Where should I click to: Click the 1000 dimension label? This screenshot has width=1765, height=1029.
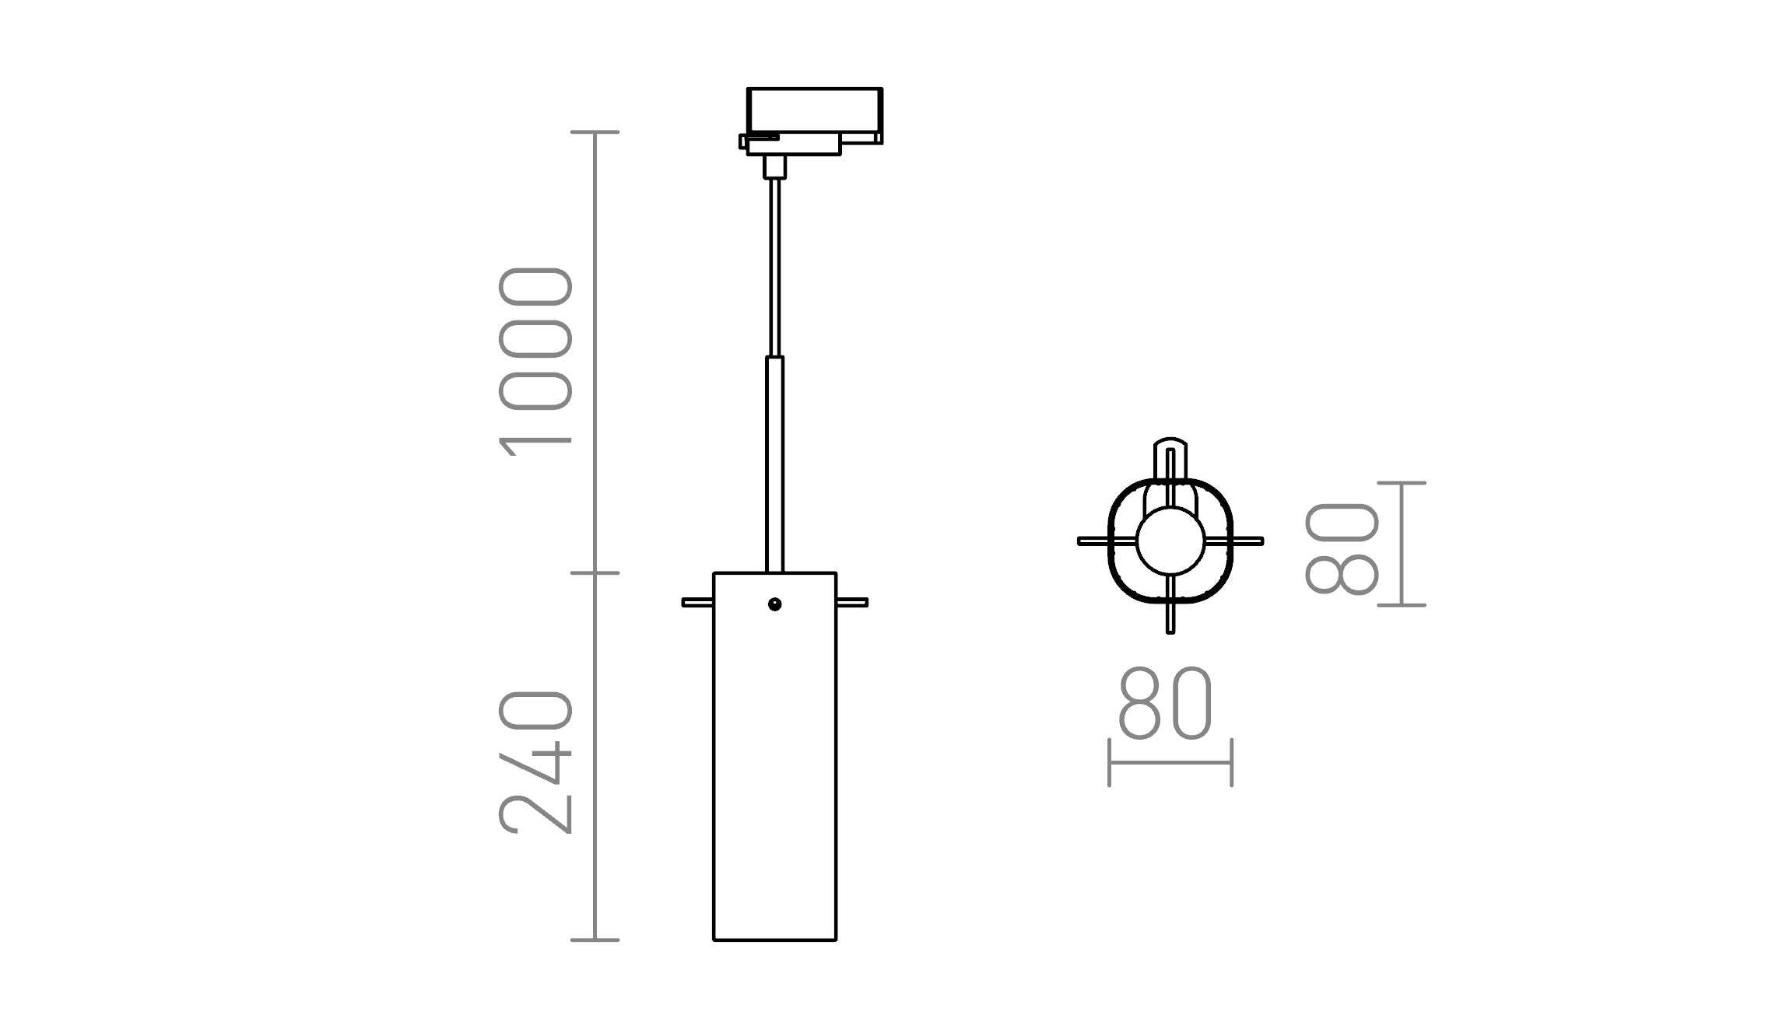(535, 362)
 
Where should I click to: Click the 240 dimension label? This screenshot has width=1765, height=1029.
(535, 762)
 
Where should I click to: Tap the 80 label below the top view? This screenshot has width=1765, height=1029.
(1165, 703)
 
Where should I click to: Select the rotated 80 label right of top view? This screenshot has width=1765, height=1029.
(1342, 548)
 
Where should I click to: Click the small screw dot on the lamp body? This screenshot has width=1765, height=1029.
(774, 604)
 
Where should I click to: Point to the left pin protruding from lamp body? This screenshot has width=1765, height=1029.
(697, 602)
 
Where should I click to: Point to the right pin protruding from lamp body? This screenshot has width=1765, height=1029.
(852, 602)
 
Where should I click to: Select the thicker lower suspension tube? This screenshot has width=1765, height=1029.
(774, 465)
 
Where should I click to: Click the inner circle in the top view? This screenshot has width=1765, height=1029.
(1170, 541)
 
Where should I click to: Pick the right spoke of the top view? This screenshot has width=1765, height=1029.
(1244, 541)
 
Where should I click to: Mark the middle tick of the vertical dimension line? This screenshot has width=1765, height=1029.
(595, 573)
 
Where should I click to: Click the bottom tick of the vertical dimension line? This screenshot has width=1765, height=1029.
(595, 940)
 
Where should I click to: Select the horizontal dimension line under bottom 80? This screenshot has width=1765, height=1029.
(1170, 763)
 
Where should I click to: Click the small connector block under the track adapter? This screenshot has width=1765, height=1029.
(774, 167)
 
